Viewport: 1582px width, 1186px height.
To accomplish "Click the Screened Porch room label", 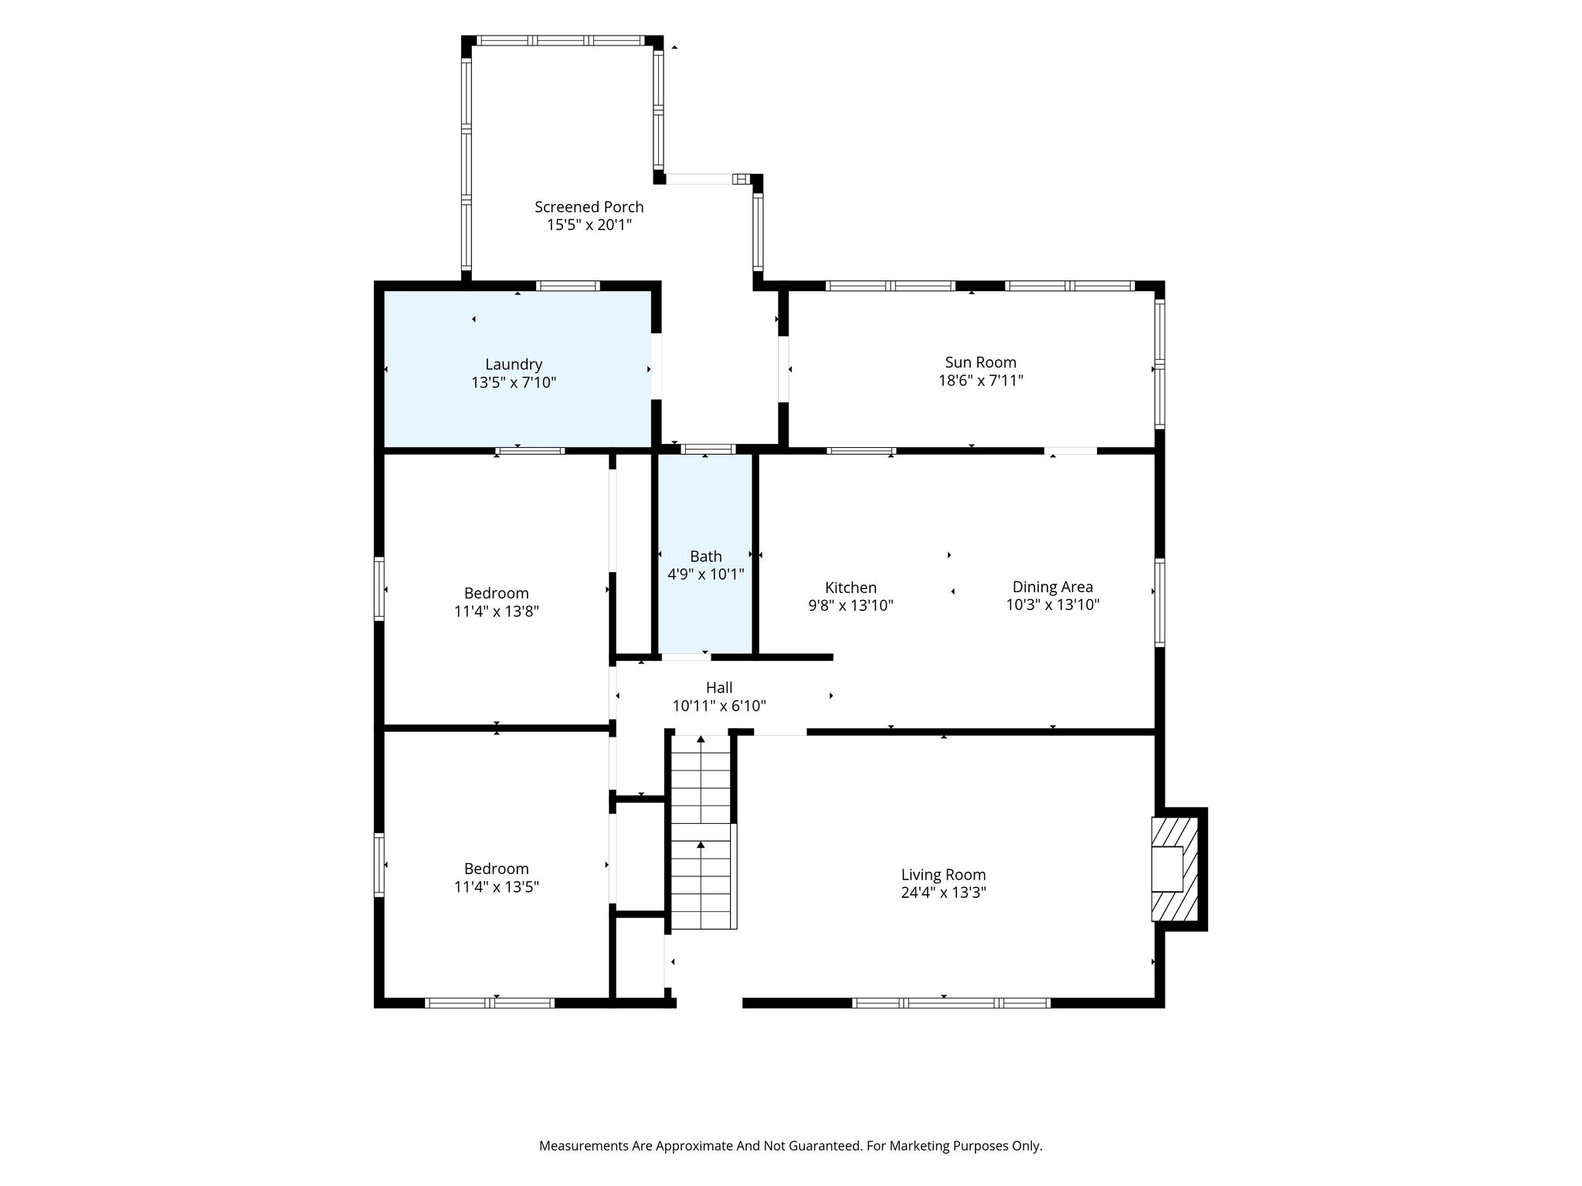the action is (x=589, y=207).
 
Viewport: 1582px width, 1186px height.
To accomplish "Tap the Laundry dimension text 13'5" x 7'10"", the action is (x=514, y=382).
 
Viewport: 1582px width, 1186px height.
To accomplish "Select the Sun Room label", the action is (x=980, y=362).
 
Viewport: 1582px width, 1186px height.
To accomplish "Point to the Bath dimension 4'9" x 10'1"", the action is (x=706, y=574).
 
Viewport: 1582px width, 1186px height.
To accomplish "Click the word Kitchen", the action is (x=850, y=588).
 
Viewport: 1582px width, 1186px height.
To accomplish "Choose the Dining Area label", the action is (x=1053, y=588).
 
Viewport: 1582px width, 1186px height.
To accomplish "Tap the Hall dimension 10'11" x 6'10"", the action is (x=719, y=706).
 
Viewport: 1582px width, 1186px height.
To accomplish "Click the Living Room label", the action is (x=943, y=875).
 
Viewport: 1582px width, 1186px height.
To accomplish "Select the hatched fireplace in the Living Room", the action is (x=1175, y=869).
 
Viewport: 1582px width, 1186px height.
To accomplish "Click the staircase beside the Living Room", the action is (x=701, y=832).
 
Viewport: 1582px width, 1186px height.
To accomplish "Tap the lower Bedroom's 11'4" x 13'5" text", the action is (x=497, y=886).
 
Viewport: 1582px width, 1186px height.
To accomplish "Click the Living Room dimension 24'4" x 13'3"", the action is (x=943, y=893).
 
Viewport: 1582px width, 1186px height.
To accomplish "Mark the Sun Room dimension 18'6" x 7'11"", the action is (x=980, y=381).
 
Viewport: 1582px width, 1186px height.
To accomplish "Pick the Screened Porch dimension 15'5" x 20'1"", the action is (x=589, y=225).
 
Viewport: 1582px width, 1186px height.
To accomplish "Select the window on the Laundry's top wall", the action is (x=569, y=286).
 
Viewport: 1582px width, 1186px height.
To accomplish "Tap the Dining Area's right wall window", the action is (x=1159, y=602).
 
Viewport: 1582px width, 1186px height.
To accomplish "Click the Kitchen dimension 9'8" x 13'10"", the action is (x=850, y=605).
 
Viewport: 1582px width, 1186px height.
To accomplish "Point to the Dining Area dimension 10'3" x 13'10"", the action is (x=1053, y=605).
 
